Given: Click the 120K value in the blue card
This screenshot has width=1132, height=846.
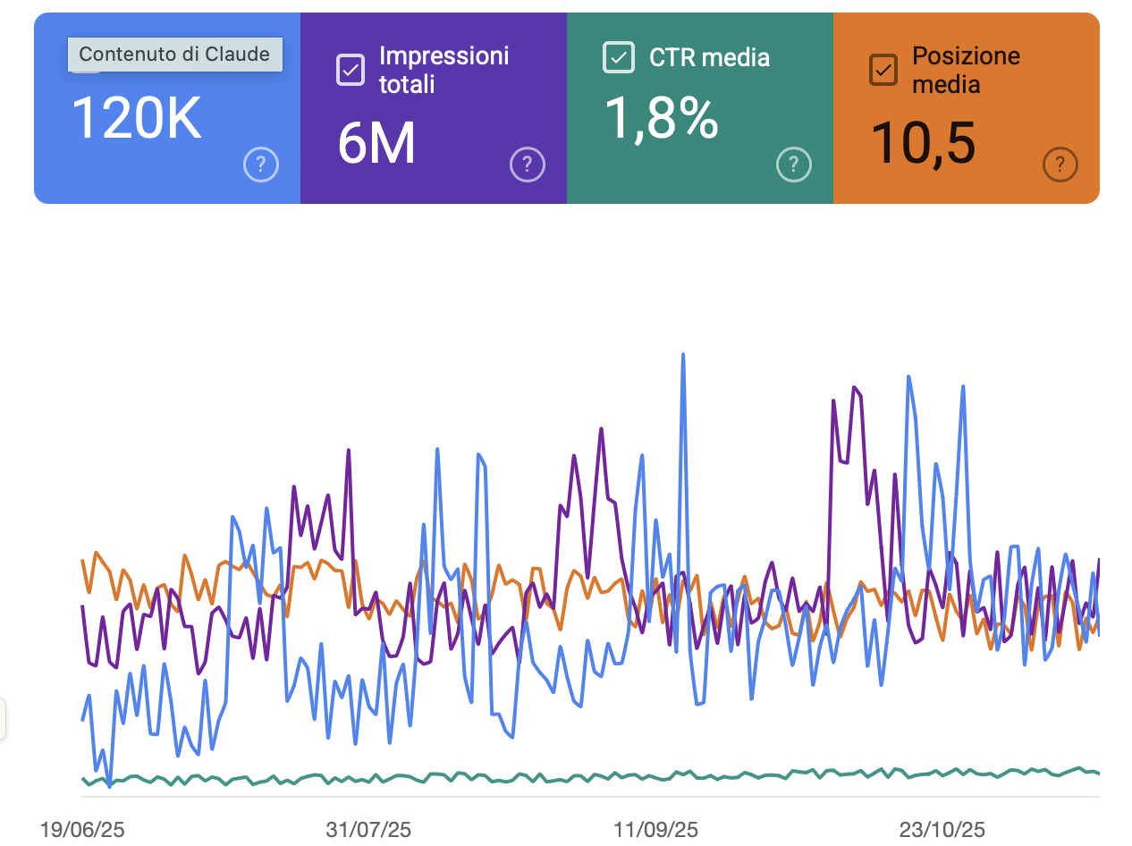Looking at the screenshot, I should click(136, 118).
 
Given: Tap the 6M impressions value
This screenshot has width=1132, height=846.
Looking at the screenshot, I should click(376, 143).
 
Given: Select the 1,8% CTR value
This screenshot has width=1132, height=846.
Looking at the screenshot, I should click(661, 118).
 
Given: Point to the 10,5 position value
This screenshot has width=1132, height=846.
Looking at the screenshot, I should click(922, 143).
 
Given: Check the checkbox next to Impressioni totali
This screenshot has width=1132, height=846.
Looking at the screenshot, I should click(350, 70).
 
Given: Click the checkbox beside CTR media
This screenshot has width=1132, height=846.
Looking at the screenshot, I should click(618, 57).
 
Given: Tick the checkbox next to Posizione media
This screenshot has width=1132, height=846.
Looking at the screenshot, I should click(883, 70).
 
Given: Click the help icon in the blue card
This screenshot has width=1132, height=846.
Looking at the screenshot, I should click(261, 165).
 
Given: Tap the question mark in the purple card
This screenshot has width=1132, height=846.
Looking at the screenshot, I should click(528, 165).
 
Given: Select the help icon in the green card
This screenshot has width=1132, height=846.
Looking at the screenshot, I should click(794, 165).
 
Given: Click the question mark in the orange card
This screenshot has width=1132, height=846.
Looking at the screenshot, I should click(1060, 165).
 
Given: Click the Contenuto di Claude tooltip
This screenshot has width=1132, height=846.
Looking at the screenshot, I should click(174, 54).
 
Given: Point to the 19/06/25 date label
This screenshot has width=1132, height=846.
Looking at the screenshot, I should click(82, 830).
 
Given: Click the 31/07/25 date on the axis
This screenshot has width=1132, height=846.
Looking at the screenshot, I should click(369, 830).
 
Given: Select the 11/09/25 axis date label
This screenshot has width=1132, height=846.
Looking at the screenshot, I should click(656, 830).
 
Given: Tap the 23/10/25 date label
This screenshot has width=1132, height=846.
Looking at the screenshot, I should click(942, 830).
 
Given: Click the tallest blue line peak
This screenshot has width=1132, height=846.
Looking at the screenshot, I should click(683, 355).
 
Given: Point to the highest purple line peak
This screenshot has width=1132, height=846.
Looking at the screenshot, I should click(855, 387).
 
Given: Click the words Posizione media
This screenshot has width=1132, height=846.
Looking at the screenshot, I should click(966, 70).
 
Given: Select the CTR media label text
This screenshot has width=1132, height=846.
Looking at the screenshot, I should click(709, 57).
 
